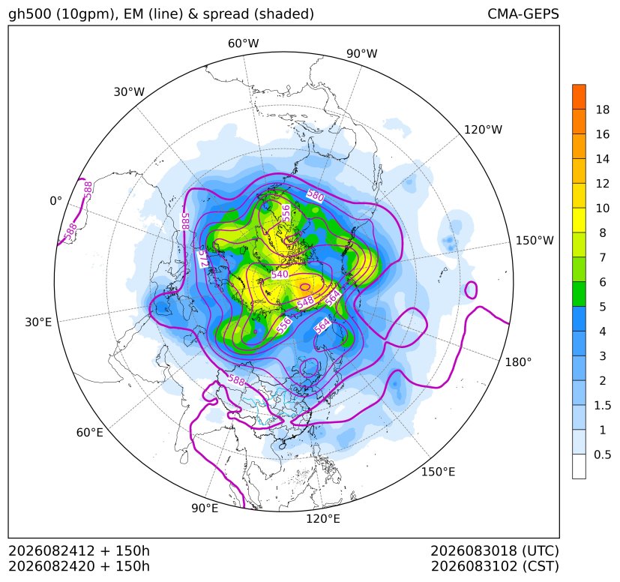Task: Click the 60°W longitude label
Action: tap(243, 43)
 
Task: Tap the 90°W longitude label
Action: tap(362, 53)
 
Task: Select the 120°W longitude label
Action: tap(483, 130)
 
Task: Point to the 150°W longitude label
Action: tap(535, 240)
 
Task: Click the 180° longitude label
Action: tap(518, 361)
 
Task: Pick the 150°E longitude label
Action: tap(438, 472)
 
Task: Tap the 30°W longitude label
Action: tap(129, 91)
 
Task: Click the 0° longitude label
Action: tap(55, 201)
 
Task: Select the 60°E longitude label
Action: tap(90, 433)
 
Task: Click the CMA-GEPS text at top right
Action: tap(523, 13)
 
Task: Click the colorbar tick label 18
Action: tap(603, 109)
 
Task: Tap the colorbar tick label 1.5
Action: tap(603, 405)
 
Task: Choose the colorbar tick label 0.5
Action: tap(603, 454)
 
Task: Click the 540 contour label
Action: tap(280, 274)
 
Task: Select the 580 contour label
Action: tap(316, 196)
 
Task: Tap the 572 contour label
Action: tap(203, 258)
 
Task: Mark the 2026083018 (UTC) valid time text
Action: tap(495, 550)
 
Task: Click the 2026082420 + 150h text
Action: tap(79, 566)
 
